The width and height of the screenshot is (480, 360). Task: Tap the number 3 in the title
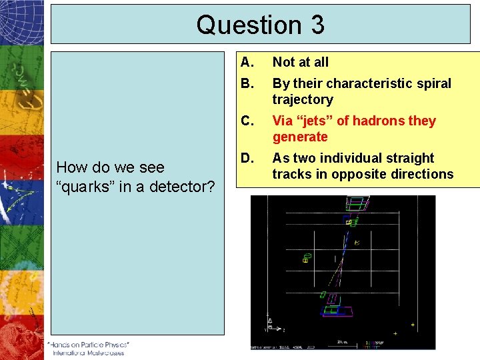(x=317, y=25)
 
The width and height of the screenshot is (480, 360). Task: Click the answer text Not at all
(x=301, y=62)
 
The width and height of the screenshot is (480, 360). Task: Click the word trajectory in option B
(x=302, y=99)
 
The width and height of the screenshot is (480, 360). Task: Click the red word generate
(x=300, y=137)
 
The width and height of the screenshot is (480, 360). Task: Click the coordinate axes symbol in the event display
(x=270, y=325)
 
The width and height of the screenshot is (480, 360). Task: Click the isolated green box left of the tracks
(x=307, y=257)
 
